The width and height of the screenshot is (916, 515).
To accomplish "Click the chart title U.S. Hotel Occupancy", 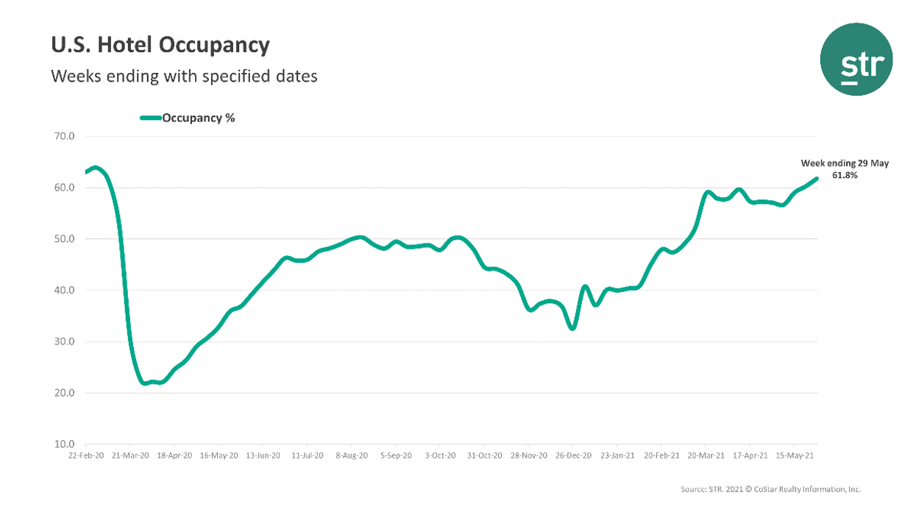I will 160,46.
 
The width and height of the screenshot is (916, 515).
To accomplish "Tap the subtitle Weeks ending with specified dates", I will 184,76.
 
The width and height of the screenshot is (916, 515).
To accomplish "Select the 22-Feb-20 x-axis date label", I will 85,456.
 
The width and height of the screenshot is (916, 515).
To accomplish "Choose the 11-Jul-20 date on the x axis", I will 308,456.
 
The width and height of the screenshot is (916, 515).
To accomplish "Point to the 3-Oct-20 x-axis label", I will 440,456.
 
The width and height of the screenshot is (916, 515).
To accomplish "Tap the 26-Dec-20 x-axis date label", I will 573,456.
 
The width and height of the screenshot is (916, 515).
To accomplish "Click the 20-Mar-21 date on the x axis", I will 706,456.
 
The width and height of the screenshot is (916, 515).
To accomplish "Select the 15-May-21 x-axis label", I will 795,456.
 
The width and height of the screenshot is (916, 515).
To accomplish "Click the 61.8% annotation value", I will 845,176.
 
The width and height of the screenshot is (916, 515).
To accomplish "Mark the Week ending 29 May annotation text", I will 845,163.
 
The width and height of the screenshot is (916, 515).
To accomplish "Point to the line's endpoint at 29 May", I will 817,178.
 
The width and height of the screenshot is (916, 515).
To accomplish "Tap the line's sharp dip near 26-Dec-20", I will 572,328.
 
